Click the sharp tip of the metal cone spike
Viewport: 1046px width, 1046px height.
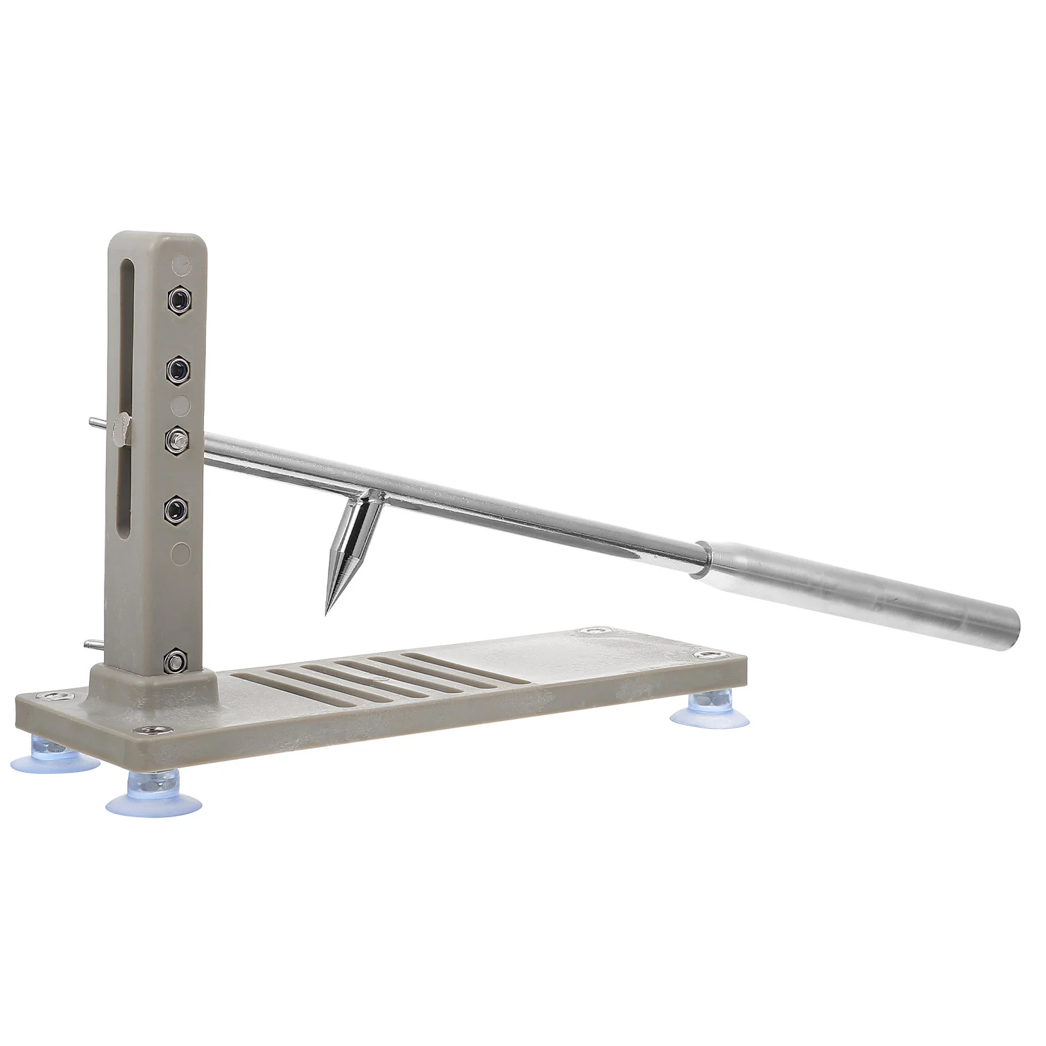(x=326, y=613)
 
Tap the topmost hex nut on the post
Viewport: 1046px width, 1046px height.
(x=178, y=300)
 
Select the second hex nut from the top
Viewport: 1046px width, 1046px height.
(x=177, y=370)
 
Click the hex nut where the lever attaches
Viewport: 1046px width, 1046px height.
(x=177, y=439)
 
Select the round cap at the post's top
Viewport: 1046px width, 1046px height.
(x=181, y=265)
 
